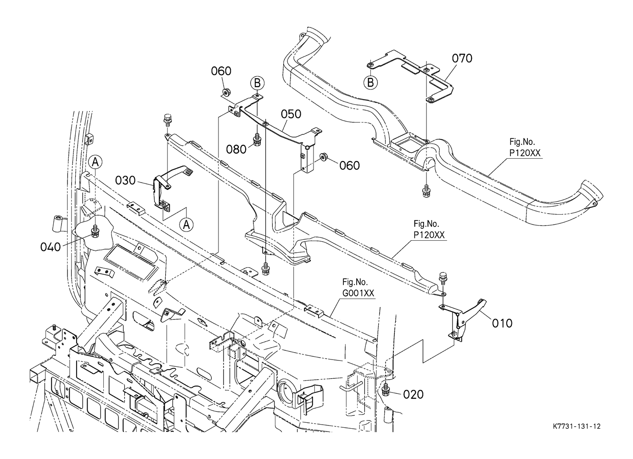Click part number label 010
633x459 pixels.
click(502, 323)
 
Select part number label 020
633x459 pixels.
click(413, 394)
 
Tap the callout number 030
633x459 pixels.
click(125, 181)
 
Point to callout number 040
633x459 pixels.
click(50, 247)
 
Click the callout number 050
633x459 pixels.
click(291, 114)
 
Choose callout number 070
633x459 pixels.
click(462, 58)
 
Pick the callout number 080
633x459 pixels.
click(237, 149)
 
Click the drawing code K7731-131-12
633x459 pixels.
click(577, 426)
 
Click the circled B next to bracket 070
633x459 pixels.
click(370, 83)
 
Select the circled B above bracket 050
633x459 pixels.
click(258, 83)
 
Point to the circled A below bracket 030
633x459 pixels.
click(186, 224)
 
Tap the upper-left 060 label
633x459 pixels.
click(221, 71)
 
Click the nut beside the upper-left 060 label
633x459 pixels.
click(226, 93)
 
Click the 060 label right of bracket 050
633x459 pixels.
click(349, 165)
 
